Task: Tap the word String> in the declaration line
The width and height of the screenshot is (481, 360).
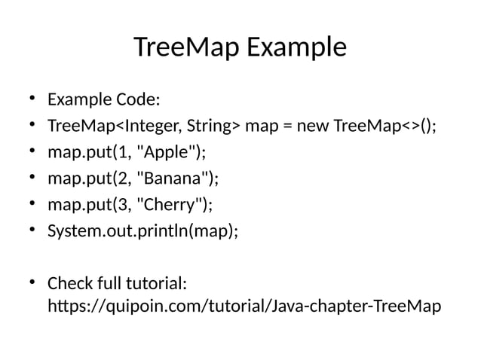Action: [213, 126]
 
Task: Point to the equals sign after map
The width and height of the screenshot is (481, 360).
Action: [287, 126]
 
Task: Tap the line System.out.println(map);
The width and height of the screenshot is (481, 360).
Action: [142, 230]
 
